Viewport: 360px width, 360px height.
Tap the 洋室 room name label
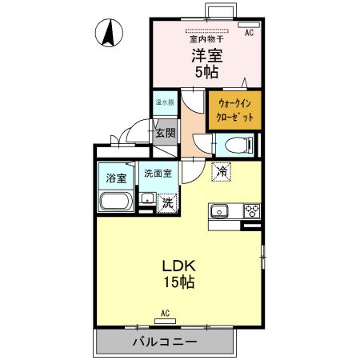click(x=206, y=56)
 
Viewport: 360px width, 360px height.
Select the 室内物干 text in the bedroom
click(x=206, y=38)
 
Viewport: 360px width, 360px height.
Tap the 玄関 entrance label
click(x=164, y=133)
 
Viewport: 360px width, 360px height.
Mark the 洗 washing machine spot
click(x=167, y=203)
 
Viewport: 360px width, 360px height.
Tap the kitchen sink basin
click(x=220, y=211)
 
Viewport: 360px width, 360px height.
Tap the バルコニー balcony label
click(x=165, y=342)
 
